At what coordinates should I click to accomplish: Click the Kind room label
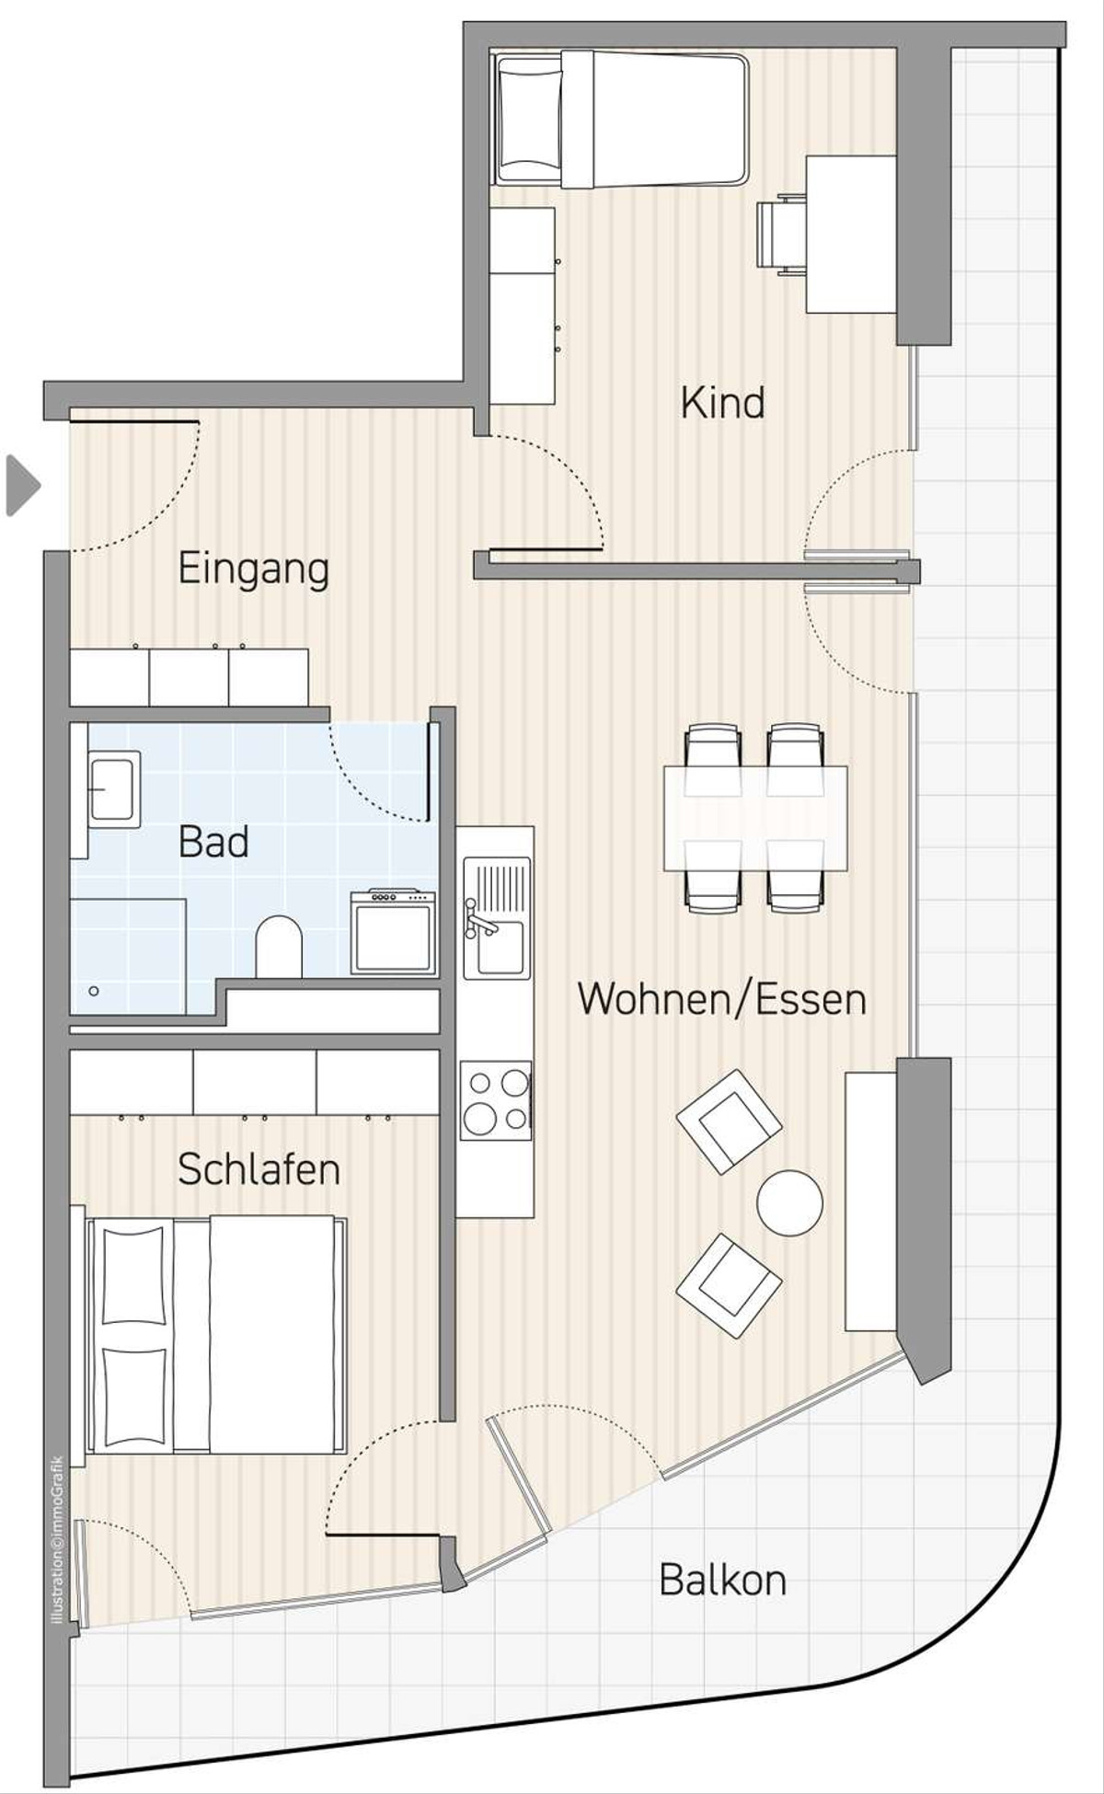tap(722, 403)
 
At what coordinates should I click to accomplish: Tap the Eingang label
tap(253, 569)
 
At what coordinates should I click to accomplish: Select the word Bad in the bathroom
tap(213, 842)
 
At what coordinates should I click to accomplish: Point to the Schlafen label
tap(259, 1169)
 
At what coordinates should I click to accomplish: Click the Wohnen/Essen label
tap(722, 999)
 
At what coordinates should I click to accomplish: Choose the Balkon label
tap(723, 1581)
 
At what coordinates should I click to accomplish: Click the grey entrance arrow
tap(23, 485)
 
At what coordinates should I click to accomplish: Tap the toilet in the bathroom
tap(279, 946)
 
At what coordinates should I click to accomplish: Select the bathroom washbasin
tap(114, 789)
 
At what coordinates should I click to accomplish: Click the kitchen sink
tap(497, 917)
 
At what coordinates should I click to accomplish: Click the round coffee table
tap(789, 1203)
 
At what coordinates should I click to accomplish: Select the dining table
tap(755, 818)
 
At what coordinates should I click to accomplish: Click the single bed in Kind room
tap(621, 120)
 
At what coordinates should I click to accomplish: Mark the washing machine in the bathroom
tap(393, 931)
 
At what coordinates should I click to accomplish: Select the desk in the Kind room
tap(851, 235)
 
